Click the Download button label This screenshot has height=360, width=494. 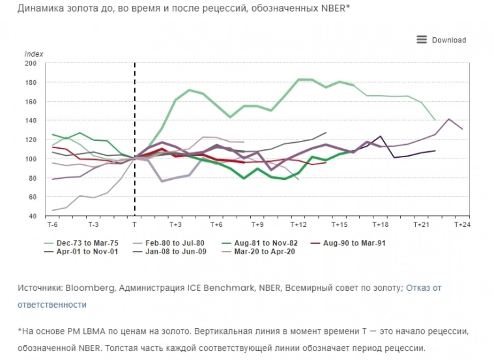tap(448, 40)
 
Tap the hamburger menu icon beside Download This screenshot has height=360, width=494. tap(422, 40)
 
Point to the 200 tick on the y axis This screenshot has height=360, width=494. tap(31, 63)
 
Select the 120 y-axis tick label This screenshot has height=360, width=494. tap(31, 140)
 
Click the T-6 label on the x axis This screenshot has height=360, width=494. tap(52, 224)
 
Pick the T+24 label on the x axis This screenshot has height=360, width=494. tap(461, 224)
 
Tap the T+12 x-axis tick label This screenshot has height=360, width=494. tap(298, 224)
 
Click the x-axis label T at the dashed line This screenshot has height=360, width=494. tap(134, 224)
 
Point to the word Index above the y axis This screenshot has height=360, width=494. tap(33, 53)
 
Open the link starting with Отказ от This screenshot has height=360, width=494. tap(424, 287)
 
